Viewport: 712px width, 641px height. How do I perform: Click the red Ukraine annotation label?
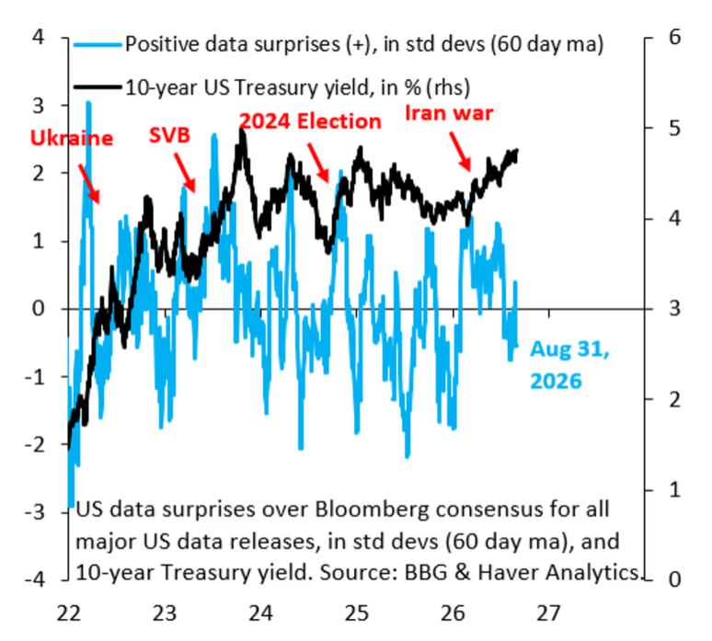tap(71, 138)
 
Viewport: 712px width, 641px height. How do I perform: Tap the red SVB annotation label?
tap(169, 135)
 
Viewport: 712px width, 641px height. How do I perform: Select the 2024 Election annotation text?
tap(310, 121)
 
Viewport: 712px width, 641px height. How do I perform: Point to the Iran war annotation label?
tap(449, 113)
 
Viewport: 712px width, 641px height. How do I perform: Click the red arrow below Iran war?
tap(460, 151)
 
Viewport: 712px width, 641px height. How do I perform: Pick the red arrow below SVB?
tap(184, 173)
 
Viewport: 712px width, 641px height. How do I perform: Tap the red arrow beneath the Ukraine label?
tap(88, 183)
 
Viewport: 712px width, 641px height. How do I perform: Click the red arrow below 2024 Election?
tap(318, 163)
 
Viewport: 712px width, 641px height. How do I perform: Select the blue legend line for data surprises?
tap(98, 44)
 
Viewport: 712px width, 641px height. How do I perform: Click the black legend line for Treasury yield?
tap(98, 86)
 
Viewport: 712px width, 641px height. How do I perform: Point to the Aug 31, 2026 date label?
tap(569, 364)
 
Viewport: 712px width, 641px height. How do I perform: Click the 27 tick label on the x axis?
tap(548, 613)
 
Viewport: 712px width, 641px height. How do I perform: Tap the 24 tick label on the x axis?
tap(260, 613)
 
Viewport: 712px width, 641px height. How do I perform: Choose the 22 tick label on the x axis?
tap(69, 613)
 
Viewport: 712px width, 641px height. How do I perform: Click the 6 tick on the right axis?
tap(675, 37)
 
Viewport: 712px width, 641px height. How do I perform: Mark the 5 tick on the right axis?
tap(675, 128)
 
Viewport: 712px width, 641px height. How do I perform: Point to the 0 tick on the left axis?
tap(39, 309)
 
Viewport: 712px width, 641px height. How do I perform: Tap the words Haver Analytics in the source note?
tap(558, 573)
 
